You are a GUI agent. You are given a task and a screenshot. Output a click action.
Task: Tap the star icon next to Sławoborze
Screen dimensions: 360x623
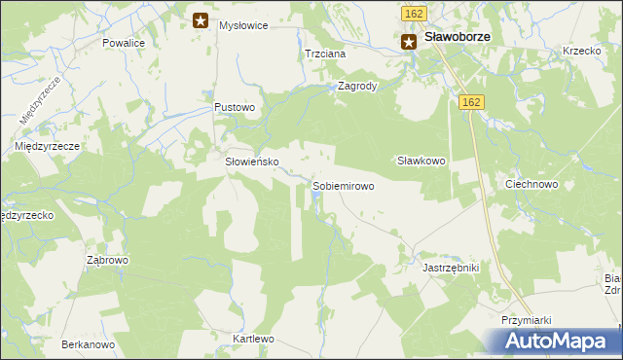[x=409, y=40]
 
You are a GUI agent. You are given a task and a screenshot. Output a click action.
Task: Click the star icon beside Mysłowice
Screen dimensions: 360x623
[x=201, y=19]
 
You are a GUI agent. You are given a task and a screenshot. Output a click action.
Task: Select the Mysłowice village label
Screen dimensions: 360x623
[x=243, y=25]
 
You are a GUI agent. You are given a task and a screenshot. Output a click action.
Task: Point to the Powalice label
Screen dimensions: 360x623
[x=124, y=44]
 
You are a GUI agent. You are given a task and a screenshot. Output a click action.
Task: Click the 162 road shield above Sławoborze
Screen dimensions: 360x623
[x=413, y=13]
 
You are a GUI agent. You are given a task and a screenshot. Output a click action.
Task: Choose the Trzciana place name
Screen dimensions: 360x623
[x=325, y=54]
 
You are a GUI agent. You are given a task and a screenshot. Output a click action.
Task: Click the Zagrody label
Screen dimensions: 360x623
[x=357, y=85]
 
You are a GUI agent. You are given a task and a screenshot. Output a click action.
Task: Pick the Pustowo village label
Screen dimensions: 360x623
[x=235, y=107]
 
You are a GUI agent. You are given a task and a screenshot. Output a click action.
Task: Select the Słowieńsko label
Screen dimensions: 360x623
[x=253, y=162]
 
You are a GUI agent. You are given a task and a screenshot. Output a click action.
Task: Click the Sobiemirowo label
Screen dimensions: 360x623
[x=343, y=185]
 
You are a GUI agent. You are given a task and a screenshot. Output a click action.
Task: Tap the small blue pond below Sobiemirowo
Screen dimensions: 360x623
[x=316, y=200]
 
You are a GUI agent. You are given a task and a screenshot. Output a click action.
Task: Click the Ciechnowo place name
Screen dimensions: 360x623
[x=531, y=184]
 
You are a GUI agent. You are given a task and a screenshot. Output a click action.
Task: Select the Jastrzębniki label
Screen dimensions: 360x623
[x=451, y=266]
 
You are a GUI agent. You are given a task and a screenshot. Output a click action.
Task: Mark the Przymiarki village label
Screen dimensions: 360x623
[x=527, y=319]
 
